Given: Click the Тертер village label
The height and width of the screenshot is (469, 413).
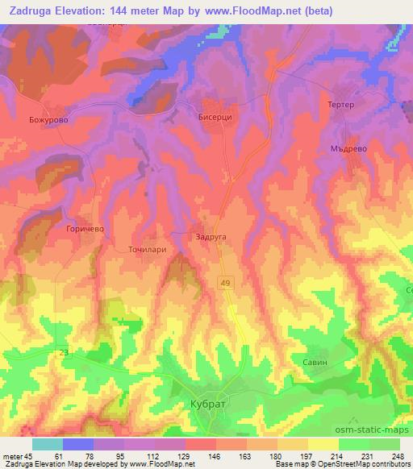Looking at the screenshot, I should [x=341, y=106].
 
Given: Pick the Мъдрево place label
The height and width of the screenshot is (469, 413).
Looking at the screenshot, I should [x=349, y=148].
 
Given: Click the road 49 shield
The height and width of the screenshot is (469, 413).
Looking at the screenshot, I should [x=223, y=279].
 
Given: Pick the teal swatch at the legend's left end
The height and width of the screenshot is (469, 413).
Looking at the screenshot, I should [x=48, y=444].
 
